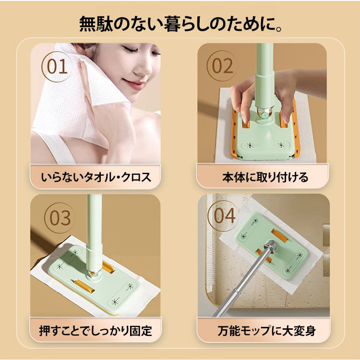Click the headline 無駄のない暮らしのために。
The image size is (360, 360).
(180, 24)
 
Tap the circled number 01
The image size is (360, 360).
(57, 67)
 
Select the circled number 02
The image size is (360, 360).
(222, 66)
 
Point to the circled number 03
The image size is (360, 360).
(60, 218)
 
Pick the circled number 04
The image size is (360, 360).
(224, 216)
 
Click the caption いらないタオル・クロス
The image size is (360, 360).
(96, 177)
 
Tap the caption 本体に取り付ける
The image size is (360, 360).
(265, 177)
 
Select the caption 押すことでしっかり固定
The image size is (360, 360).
(96, 330)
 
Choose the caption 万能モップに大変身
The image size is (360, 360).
(267, 330)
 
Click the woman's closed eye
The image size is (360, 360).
(129, 48)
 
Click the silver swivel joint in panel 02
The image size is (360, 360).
(264, 113)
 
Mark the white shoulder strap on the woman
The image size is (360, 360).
(56, 147)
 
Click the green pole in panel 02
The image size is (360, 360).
(265, 76)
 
